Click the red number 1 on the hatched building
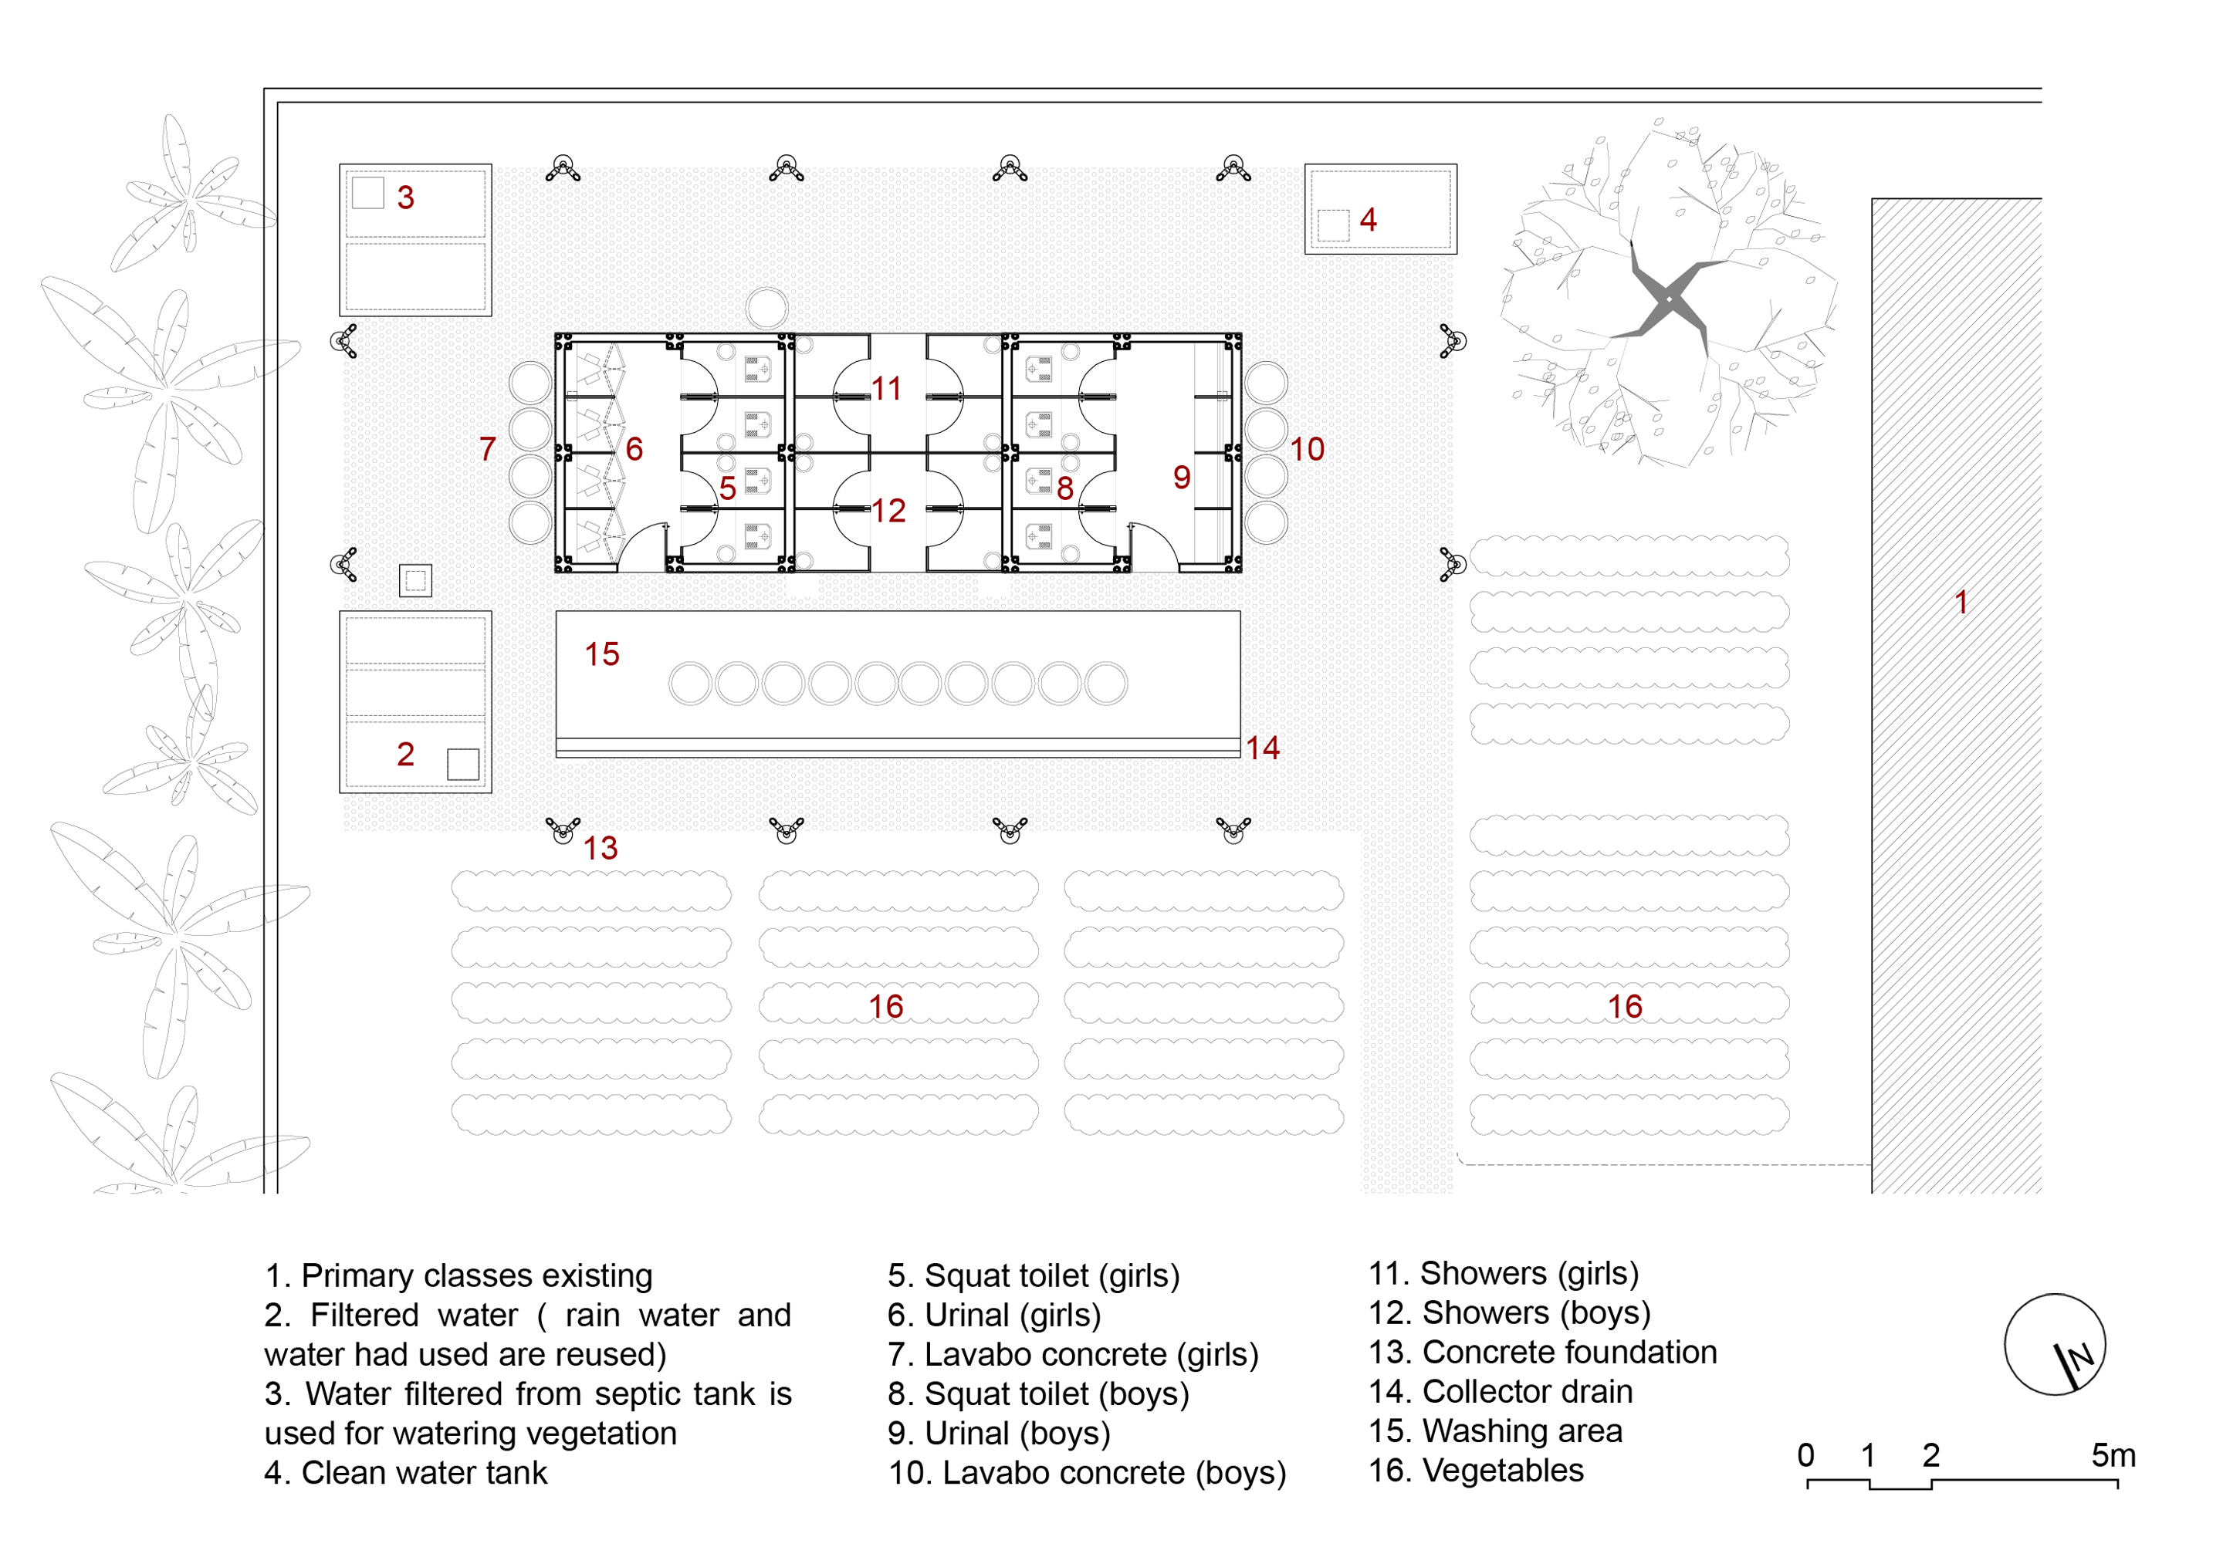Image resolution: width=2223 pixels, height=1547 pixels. click(1961, 602)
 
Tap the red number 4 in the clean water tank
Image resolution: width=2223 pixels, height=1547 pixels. click(1367, 220)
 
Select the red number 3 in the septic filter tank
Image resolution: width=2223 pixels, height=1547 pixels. click(406, 198)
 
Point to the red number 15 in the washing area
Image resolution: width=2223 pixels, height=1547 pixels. click(601, 654)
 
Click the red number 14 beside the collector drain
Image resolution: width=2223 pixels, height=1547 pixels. click(1263, 748)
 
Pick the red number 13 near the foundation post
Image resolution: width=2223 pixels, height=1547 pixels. click(601, 849)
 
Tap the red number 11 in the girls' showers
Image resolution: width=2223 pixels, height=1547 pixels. click(886, 389)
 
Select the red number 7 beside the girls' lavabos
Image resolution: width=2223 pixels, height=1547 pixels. click(487, 449)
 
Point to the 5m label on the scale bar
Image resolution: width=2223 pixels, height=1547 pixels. click(2113, 1455)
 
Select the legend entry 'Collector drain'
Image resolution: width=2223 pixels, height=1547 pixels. click(1527, 1392)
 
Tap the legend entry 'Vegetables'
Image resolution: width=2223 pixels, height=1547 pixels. click(1503, 1471)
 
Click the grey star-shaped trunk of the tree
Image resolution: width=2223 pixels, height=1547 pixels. click(1668, 299)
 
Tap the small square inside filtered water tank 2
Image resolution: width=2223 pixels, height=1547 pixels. click(463, 764)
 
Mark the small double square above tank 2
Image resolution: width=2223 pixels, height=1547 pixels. click(415, 581)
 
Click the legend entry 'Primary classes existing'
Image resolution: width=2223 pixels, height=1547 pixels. click(476, 1276)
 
